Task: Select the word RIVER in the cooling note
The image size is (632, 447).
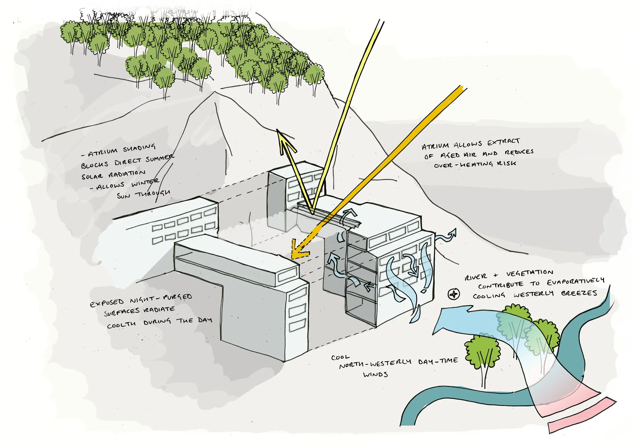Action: coord(476,277)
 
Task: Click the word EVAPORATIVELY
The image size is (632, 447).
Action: coord(575,282)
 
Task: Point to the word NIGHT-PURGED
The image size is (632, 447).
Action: coord(161,298)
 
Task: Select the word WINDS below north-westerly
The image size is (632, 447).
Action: coord(375,374)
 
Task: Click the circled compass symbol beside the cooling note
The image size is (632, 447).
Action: coord(454,294)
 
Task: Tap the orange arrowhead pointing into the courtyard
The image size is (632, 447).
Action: coord(298,252)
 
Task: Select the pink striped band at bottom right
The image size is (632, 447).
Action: coord(583,416)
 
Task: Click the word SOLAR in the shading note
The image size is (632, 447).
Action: coord(92,177)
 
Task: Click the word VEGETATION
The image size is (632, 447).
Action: coord(529,273)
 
